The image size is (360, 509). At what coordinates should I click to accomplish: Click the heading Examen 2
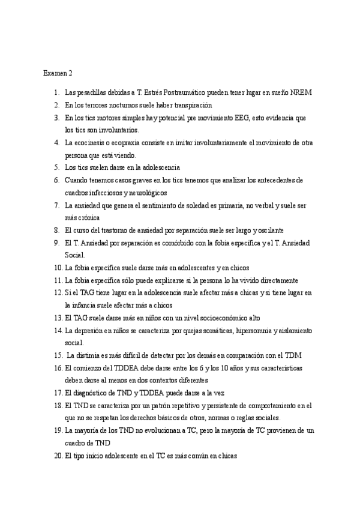58,74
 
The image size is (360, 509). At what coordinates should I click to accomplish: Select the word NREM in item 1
300,93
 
